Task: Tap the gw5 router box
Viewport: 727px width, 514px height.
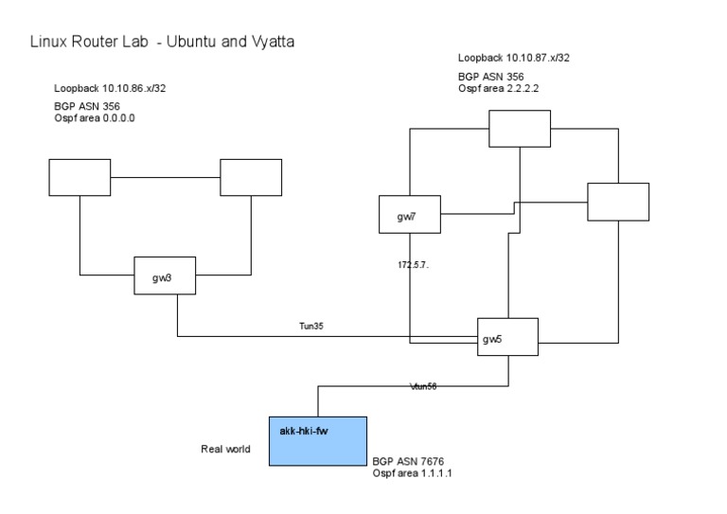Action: (506, 337)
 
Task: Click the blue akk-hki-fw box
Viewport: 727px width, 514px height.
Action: (317, 440)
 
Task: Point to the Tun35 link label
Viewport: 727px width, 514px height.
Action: (313, 327)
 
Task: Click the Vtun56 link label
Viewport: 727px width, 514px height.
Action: (422, 386)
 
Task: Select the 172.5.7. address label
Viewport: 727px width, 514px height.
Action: (413, 265)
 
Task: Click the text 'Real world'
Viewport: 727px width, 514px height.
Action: (225, 449)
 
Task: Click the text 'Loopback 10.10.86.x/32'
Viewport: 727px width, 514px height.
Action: (111, 88)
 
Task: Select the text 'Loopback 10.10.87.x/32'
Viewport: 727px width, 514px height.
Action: (513, 58)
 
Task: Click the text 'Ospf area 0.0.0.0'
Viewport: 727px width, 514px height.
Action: (95, 117)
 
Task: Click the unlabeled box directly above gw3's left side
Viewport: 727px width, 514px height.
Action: (80, 177)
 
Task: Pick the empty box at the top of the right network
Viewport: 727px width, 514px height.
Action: (519, 129)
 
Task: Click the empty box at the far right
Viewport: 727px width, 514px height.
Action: (618, 202)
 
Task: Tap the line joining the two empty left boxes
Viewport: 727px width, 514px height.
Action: (165, 177)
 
